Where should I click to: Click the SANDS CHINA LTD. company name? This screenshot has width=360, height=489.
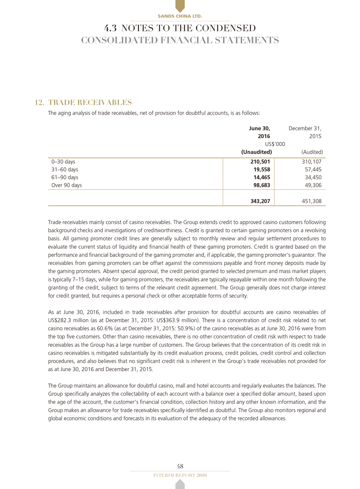[x=180, y=16]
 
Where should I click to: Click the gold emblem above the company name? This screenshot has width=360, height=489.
[x=180, y=6]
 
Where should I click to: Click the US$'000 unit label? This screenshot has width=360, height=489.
[x=275, y=144]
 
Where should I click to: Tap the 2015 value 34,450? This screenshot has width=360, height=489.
[x=311, y=177]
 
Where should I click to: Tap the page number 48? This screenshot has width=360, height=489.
[x=180, y=466]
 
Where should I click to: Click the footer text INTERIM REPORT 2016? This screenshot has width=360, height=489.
[x=180, y=474]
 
